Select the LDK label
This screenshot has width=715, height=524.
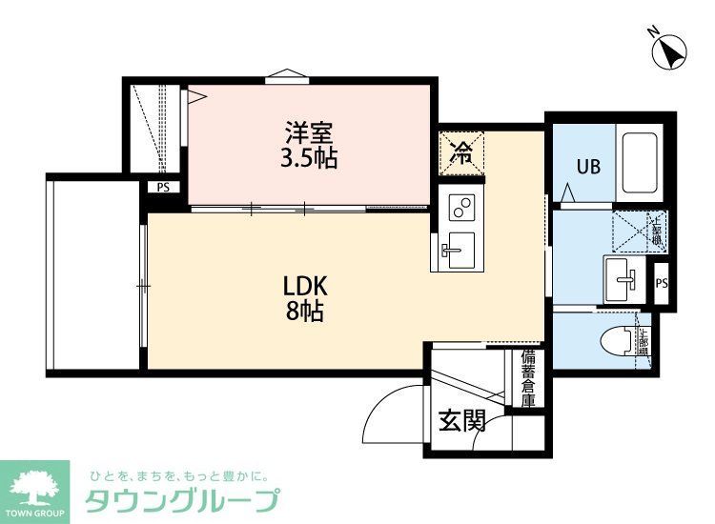[x=305, y=285]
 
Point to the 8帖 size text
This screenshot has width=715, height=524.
[x=305, y=311]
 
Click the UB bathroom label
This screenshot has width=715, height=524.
[x=587, y=167]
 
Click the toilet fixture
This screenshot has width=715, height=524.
[x=621, y=338]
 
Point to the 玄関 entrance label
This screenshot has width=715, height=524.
[x=462, y=419]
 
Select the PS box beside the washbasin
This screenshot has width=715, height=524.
[x=662, y=283]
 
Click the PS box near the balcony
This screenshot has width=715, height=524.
[x=163, y=188]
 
